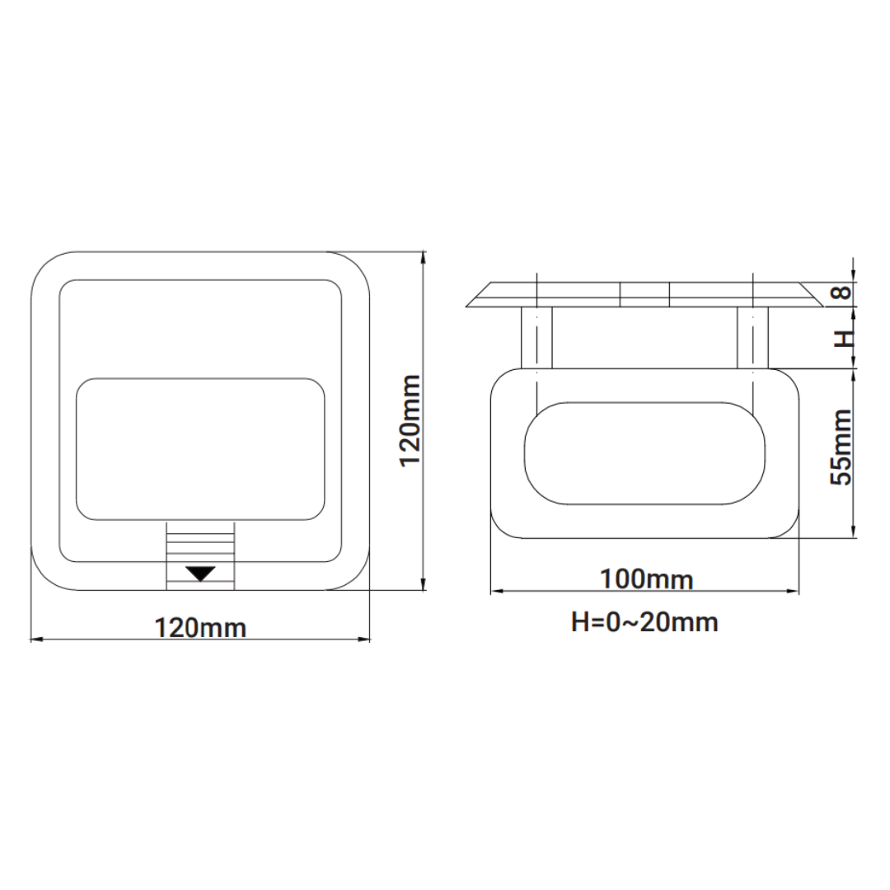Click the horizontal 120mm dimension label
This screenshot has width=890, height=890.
tap(201, 628)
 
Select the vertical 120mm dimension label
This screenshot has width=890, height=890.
tap(410, 420)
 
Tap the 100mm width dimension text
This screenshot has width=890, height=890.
tap(646, 579)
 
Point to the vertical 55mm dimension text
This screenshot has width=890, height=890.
tap(841, 447)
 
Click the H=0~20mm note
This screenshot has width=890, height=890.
tap(644, 621)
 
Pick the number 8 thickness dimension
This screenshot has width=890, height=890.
tap(840, 293)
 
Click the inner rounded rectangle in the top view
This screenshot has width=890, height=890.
tap(200, 449)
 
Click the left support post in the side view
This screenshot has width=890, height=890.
tap(536, 337)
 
